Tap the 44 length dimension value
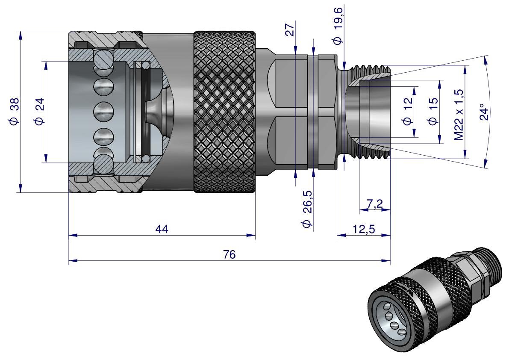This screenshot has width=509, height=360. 162,229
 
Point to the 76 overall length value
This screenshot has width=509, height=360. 229,255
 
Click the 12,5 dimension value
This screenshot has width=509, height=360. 364,229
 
